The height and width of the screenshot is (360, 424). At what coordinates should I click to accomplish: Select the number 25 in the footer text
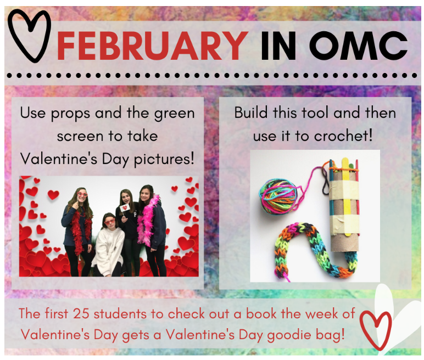tap(81, 314)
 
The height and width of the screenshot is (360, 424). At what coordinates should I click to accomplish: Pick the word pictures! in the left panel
tap(164, 159)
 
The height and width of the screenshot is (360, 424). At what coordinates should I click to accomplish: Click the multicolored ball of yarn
tap(278, 197)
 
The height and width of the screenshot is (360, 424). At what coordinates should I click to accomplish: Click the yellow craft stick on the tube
tap(345, 195)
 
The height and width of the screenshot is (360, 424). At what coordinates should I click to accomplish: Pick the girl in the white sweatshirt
tap(108, 243)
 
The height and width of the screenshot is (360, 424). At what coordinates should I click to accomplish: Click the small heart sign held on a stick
tap(124, 208)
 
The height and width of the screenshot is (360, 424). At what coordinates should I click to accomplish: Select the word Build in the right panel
tap(250, 113)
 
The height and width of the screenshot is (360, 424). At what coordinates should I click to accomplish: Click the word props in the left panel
tap(70, 114)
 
